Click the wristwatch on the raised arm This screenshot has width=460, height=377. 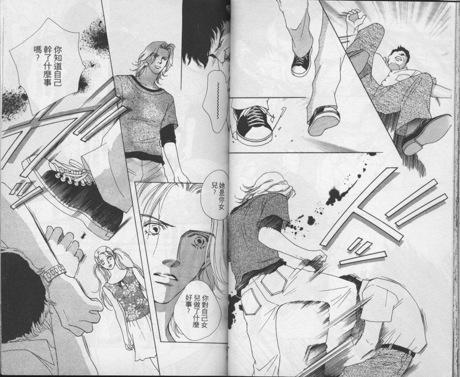(x=55, y=272)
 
